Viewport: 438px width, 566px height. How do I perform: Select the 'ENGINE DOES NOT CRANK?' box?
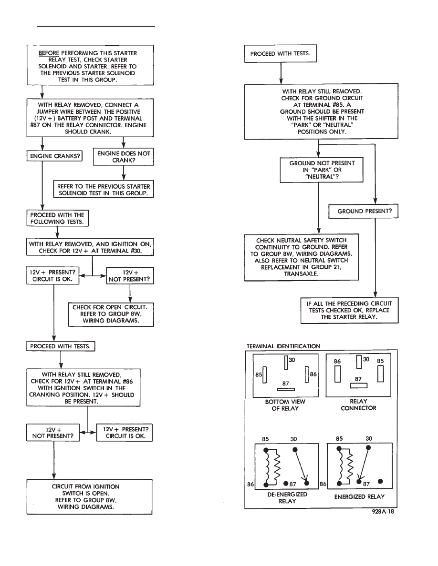124,157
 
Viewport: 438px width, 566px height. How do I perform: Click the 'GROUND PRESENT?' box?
364,211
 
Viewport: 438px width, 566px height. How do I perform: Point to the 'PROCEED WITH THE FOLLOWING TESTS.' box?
58,218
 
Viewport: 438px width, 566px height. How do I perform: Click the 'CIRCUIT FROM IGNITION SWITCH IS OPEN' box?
89,497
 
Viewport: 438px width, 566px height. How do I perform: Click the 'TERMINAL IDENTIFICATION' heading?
283,346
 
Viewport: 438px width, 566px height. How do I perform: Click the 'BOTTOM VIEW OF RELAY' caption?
285,405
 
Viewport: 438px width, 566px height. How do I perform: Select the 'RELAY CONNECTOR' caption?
358,405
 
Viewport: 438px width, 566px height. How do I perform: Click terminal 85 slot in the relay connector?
381,374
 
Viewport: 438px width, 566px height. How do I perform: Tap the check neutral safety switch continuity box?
302,257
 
